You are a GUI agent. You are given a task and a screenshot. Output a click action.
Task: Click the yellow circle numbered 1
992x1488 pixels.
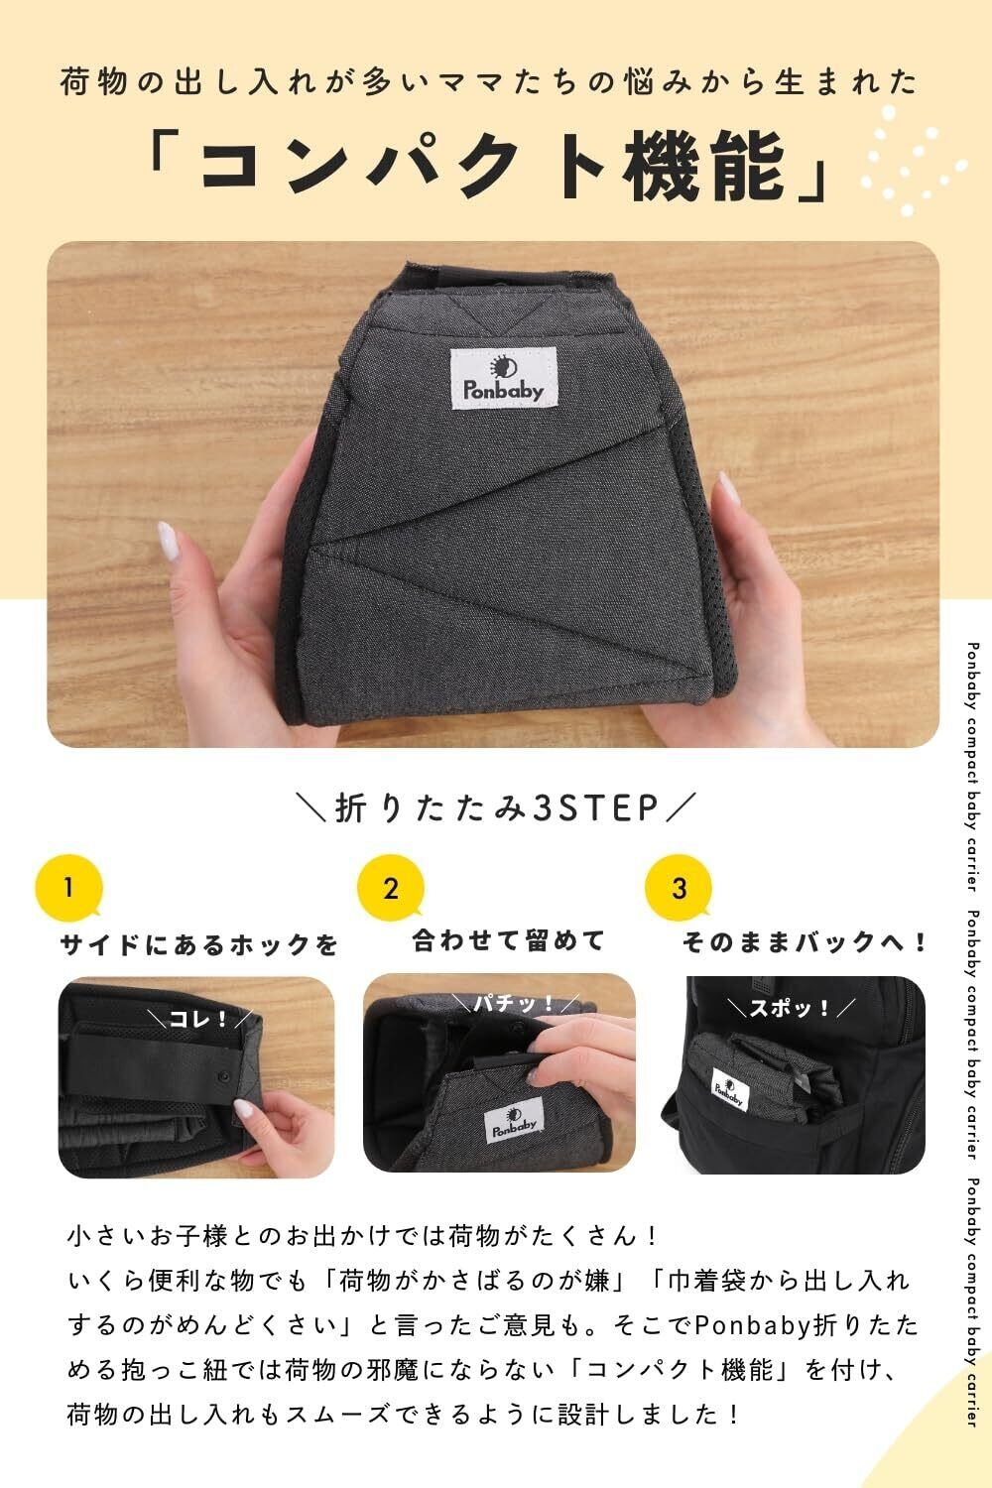(69, 888)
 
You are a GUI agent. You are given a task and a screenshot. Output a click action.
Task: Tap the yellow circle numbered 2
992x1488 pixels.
(391, 888)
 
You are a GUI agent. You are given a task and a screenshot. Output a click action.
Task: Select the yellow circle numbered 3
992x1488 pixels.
(679, 888)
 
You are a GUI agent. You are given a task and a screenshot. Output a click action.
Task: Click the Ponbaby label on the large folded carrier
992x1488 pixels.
(503, 378)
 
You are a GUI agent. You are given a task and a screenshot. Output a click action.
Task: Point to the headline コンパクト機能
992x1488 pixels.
(489, 166)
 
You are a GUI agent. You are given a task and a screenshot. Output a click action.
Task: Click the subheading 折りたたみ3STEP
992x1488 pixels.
(496, 808)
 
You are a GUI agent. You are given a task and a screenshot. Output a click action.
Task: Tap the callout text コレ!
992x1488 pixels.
(199, 1019)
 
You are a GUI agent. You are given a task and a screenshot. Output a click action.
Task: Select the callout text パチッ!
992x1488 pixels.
(514, 1004)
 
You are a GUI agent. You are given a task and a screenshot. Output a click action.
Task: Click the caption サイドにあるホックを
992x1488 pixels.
(199, 944)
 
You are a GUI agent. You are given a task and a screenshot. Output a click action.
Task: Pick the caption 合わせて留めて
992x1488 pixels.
(508, 940)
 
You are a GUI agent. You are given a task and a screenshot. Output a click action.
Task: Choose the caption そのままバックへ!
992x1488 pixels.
(804, 942)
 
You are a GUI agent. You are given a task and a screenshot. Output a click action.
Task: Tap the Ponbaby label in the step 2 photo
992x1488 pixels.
(514, 1122)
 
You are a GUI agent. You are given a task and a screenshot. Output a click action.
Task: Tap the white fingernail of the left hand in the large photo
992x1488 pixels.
(166, 539)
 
